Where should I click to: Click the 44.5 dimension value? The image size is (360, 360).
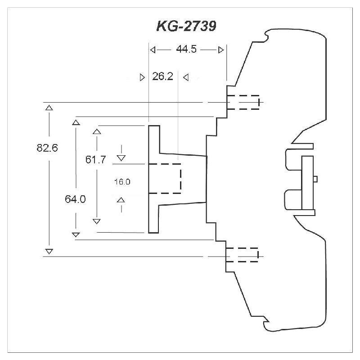tap(186, 50)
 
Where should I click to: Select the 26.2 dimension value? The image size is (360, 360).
tap(162, 77)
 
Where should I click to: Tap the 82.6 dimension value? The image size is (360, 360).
tap(47, 148)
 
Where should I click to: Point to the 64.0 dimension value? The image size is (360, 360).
tap(75, 199)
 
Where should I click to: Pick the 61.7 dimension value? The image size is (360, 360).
tap(96, 159)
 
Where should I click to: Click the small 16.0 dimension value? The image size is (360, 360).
tap(122, 182)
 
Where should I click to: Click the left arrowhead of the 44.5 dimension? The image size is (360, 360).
tap(153, 50)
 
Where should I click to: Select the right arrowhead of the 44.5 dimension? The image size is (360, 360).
tap(220, 50)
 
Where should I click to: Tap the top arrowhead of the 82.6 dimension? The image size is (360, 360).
tap(49, 108)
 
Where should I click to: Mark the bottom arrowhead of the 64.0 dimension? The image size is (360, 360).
tap(76, 234)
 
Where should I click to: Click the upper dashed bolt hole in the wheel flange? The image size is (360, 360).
tap(243, 102)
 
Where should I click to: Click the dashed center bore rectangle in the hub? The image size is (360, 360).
tap(165, 179)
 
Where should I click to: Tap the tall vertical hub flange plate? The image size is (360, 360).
tap(154, 179)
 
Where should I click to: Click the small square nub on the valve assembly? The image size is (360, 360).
tap(315, 179)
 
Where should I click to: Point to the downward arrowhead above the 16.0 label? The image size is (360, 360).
tap(121, 157)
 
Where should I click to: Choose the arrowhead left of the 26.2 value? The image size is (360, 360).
tap(143, 77)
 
